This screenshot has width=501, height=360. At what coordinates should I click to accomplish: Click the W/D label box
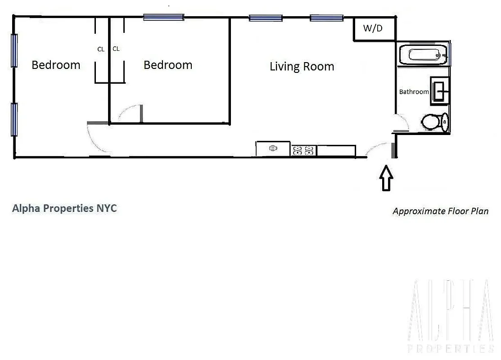click(x=373, y=29)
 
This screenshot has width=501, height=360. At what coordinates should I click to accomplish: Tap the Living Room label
click(x=302, y=67)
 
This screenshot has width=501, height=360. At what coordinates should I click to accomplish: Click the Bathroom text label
click(x=414, y=92)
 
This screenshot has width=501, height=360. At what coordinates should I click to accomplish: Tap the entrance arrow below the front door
click(x=386, y=178)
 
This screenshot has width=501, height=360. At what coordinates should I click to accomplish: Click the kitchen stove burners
click(x=303, y=150)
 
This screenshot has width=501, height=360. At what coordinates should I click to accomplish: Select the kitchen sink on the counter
click(x=273, y=148)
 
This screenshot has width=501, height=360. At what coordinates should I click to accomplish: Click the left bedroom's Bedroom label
click(x=56, y=65)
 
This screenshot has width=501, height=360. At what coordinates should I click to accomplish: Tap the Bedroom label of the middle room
click(x=167, y=65)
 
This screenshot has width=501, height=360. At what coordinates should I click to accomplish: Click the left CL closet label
click(x=101, y=49)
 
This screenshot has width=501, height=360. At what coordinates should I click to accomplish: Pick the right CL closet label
click(x=116, y=49)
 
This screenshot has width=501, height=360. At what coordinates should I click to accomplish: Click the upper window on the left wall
click(x=14, y=50)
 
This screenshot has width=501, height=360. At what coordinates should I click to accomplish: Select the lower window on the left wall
click(x=14, y=119)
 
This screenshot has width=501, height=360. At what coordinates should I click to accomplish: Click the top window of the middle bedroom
click(x=163, y=18)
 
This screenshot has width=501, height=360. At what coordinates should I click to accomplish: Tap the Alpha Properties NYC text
click(x=64, y=208)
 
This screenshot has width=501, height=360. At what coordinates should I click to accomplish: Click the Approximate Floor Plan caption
click(x=440, y=211)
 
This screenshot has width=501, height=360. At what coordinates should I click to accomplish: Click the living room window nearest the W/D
click(x=326, y=18)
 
